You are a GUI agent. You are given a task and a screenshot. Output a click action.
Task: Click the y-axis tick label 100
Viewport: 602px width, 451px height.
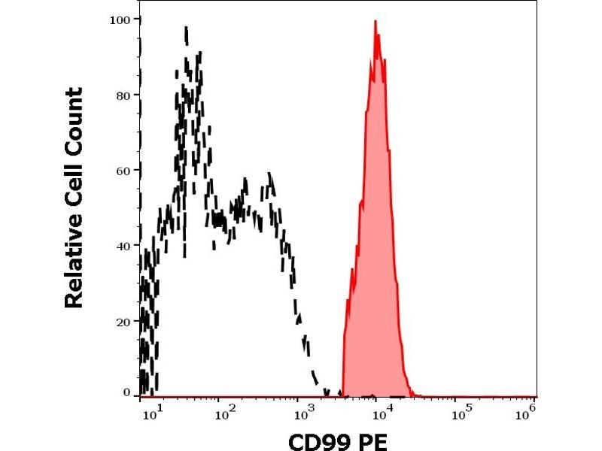click(120, 19)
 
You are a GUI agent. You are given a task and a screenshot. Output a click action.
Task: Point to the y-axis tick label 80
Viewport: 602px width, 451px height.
click(123, 95)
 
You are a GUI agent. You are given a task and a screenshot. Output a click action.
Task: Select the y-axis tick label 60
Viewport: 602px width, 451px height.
click(123, 170)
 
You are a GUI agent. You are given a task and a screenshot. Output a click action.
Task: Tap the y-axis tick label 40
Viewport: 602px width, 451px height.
click(123, 245)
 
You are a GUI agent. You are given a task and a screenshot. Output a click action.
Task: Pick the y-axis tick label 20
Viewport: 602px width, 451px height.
click(123, 321)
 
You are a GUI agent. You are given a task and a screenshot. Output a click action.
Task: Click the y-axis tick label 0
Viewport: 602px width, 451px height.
click(126, 392)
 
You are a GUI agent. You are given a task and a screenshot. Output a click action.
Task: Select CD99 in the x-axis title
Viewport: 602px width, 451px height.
click(319, 441)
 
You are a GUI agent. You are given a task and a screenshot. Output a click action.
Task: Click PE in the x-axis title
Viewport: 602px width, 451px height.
click(373, 441)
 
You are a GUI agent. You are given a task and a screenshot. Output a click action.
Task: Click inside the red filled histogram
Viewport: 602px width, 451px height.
click(375, 225)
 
